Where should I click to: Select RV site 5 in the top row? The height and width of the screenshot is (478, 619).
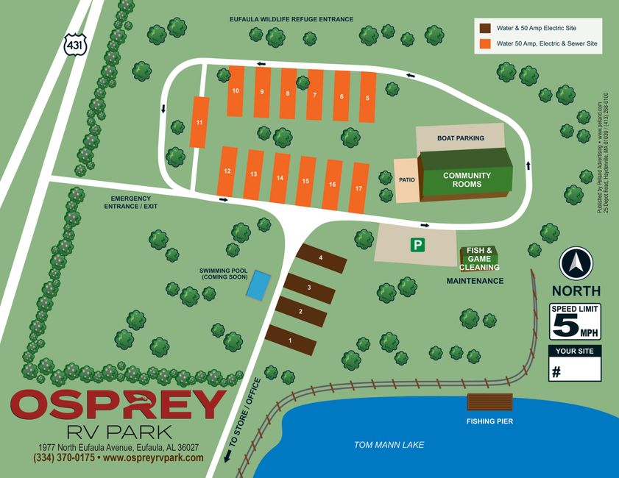point(367,98)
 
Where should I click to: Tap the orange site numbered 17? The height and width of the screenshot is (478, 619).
point(358,188)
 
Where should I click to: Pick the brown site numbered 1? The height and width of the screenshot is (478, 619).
point(291,340)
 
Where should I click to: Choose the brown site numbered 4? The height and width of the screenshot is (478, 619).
point(321,258)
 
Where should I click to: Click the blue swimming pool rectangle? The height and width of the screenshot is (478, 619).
point(258,285)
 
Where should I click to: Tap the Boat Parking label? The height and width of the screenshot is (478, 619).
point(461,138)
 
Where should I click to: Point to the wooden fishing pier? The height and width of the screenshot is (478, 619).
point(489,403)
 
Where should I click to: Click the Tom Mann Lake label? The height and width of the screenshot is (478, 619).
point(389,445)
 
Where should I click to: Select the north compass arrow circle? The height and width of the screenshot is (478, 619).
point(576,263)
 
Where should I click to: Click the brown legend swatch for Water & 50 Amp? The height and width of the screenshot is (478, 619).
point(486,28)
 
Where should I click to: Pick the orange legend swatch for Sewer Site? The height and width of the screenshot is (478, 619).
point(486,44)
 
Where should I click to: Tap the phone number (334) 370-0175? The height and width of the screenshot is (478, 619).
point(64,457)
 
